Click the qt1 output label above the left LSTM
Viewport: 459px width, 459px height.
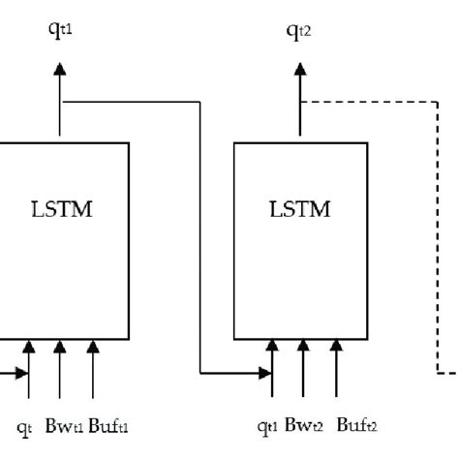pyautogui.click(x=61, y=29)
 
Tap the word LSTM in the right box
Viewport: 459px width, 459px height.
pyautogui.click(x=300, y=209)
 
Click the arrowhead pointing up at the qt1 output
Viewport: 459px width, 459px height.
pyautogui.click(x=60, y=69)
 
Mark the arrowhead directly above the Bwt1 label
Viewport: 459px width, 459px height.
pyautogui.click(x=60, y=347)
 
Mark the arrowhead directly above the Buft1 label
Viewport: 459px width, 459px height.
pyautogui.click(x=92, y=347)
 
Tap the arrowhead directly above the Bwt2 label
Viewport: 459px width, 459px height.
pyautogui.click(x=304, y=347)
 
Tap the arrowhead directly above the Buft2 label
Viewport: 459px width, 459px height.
pyautogui.click(x=336, y=347)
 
